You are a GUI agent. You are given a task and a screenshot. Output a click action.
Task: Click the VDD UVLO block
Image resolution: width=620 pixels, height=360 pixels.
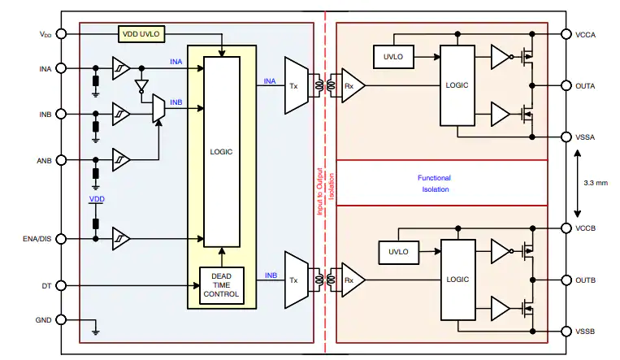141,34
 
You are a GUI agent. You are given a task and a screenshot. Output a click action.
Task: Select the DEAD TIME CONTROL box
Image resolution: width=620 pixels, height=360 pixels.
221,285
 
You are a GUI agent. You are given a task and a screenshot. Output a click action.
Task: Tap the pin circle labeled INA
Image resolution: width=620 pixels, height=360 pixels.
61,68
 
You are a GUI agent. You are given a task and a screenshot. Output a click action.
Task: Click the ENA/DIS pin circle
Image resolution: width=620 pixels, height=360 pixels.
61,239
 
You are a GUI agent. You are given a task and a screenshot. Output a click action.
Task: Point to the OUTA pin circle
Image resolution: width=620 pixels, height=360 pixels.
566,85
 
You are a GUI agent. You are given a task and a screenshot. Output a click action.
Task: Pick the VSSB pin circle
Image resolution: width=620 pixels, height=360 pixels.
566,331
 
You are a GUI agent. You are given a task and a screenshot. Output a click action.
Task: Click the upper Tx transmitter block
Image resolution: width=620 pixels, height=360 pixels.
296,85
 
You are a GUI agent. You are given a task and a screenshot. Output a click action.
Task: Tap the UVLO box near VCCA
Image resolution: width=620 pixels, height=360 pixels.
393,57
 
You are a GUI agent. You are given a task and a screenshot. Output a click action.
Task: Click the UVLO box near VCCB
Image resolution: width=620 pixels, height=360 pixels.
398,252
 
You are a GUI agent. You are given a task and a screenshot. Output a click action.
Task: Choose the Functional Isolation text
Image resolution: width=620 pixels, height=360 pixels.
435,184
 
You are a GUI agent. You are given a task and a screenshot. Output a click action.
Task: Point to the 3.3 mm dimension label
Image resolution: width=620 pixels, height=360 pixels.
596,183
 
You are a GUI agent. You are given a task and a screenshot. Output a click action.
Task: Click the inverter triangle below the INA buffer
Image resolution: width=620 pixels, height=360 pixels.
141,85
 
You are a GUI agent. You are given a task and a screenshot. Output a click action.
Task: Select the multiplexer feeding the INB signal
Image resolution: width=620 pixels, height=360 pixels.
158,108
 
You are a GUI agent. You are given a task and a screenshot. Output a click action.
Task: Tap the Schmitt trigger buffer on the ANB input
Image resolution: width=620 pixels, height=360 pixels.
121,160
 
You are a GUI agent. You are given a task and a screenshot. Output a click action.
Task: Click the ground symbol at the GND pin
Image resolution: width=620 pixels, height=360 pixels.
95,331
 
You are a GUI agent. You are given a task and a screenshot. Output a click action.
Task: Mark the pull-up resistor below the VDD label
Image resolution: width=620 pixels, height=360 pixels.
95,224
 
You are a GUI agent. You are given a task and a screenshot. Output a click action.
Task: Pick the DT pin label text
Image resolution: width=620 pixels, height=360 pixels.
46,285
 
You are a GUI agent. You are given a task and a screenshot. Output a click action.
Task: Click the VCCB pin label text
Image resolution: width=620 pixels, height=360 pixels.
586,228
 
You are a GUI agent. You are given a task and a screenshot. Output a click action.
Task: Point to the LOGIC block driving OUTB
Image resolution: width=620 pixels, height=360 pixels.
457,280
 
